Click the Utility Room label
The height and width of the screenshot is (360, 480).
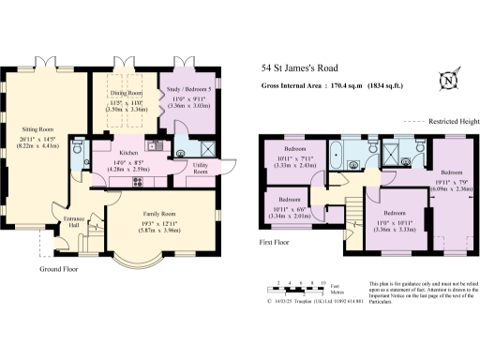coord(201,169)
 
